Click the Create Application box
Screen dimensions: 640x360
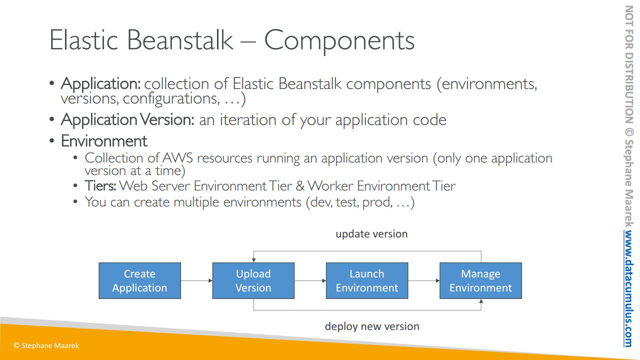coord(139,280)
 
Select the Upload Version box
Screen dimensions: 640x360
coord(253,280)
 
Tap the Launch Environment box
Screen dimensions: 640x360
coord(367,280)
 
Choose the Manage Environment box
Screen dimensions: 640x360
coord(481,280)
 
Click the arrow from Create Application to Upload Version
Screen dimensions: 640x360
coord(196,280)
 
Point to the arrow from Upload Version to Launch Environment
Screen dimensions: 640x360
coord(310,280)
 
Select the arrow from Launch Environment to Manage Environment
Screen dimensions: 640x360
coord(424,280)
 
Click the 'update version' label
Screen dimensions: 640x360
coord(371,234)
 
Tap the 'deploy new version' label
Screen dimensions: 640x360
coord(372,326)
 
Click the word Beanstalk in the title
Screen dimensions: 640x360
coord(180,40)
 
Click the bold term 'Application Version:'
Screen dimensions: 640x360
coord(127,119)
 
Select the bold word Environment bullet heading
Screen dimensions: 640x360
coord(104,141)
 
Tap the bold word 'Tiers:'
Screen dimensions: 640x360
coord(100,185)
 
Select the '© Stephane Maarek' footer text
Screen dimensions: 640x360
coord(46,345)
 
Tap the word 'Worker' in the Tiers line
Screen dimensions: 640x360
coord(330,185)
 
